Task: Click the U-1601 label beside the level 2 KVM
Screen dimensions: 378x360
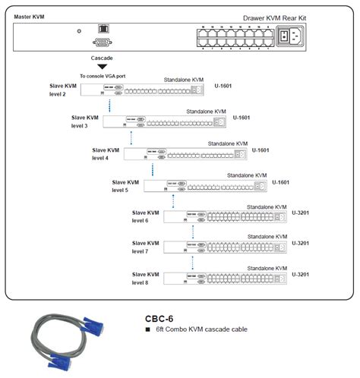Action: (x=224, y=87)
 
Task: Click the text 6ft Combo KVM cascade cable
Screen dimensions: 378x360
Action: (x=202, y=329)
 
